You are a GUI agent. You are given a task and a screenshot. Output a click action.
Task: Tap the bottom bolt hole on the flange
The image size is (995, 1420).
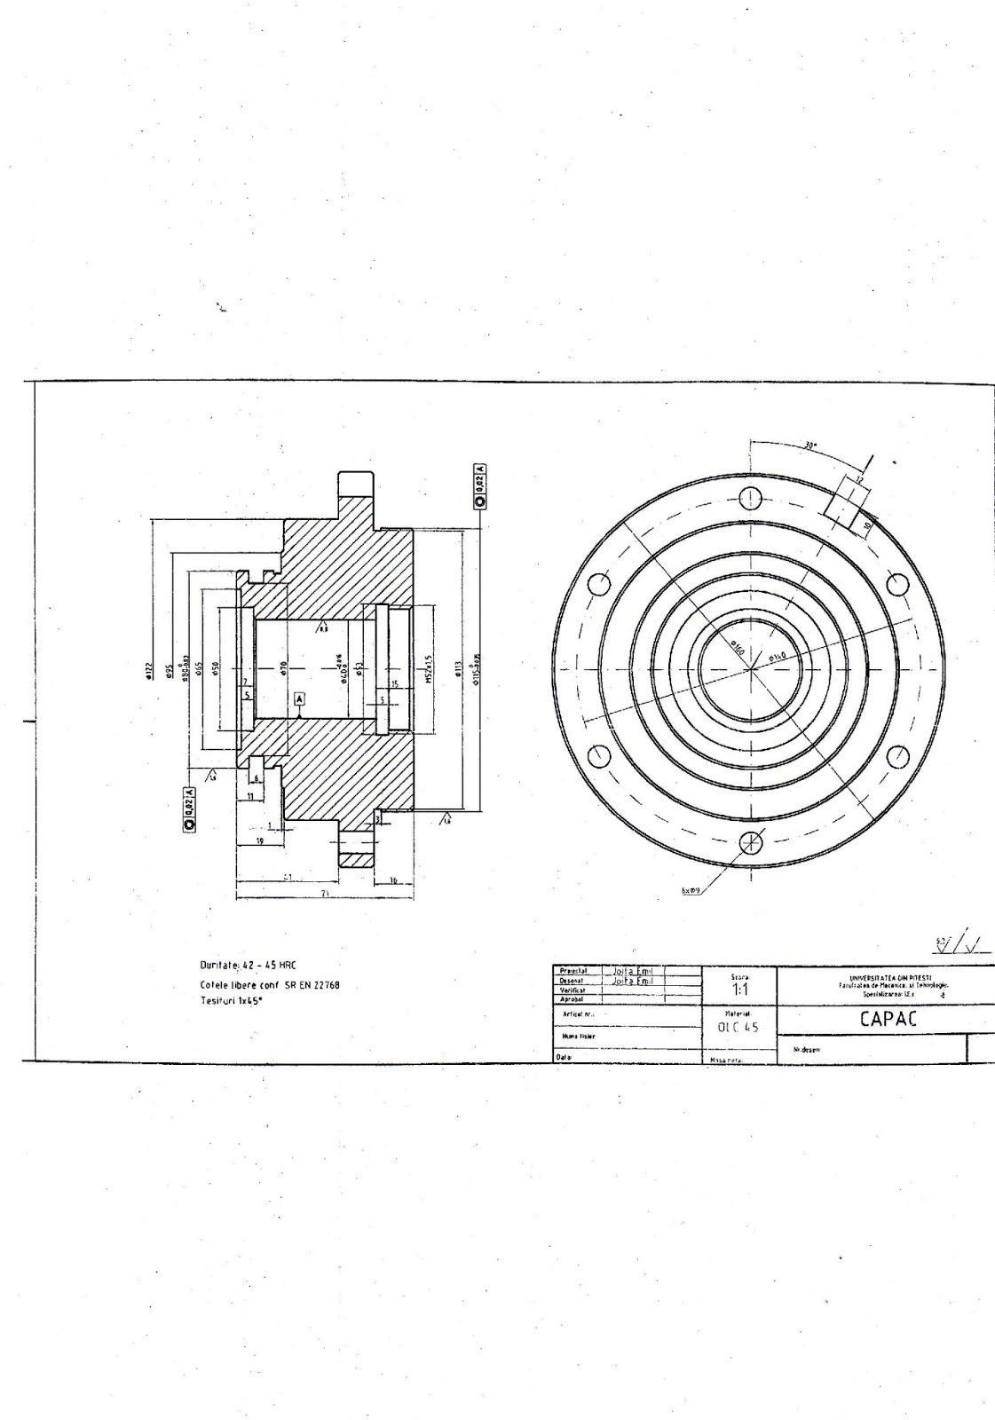point(750,840)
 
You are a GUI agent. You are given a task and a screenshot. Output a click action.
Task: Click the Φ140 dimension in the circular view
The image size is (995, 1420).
point(778,657)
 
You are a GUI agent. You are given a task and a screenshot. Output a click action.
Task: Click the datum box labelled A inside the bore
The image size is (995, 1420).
point(300,699)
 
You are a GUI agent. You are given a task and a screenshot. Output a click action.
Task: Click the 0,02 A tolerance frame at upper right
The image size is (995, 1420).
point(480,485)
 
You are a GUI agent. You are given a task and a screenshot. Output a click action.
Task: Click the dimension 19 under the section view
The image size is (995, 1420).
point(260,839)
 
